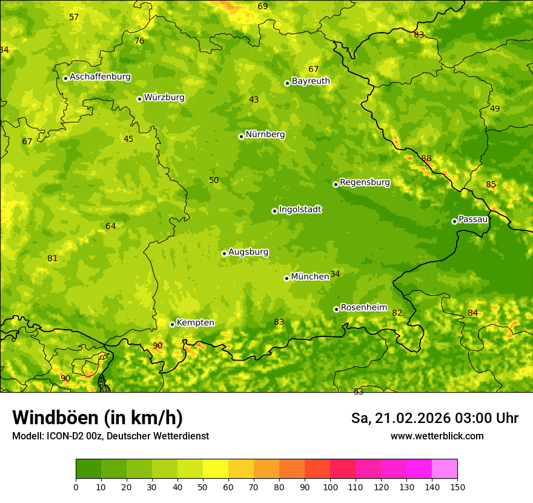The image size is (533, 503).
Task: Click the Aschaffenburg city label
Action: [x=100, y=77]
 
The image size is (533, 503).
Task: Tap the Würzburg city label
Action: [x=164, y=98]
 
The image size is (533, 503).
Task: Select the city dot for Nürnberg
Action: [x=241, y=136]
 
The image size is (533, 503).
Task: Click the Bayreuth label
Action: [x=311, y=81]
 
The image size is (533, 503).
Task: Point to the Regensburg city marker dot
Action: [x=336, y=184]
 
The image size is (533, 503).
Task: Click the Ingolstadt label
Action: [x=300, y=210]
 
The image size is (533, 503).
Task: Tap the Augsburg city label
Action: [x=248, y=252]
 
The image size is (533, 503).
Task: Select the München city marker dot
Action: [x=286, y=278]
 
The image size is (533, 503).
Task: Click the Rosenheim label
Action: [x=363, y=308]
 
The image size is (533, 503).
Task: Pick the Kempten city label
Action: [x=195, y=323]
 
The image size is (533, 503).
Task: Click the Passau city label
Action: [x=473, y=219]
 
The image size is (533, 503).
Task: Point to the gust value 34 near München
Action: [x=335, y=275]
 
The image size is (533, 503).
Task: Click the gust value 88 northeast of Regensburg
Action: [x=426, y=159]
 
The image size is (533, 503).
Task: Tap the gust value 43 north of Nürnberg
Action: [x=254, y=100]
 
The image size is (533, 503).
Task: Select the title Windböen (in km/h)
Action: [x=98, y=418]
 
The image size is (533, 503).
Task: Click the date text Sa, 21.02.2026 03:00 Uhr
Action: [x=434, y=418]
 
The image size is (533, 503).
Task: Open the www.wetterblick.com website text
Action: [x=437, y=436]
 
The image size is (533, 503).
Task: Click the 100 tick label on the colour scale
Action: [x=330, y=487]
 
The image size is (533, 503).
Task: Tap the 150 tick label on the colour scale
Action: [x=457, y=487]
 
